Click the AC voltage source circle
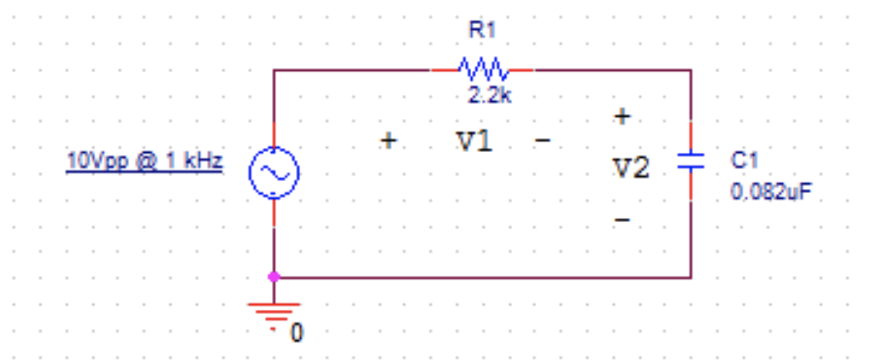[274, 173]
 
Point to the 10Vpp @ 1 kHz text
[144, 162]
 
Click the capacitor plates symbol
[691, 162]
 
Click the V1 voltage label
[474, 141]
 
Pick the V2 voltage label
[632, 169]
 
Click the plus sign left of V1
[388, 141]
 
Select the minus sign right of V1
[543, 141]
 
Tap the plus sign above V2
[622, 117]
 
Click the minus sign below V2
[622, 219]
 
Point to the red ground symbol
[274, 311]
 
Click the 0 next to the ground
[297, 333]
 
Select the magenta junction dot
[274, 277]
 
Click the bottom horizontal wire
[485, 278]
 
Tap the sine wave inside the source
[274, 173]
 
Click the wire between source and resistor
[354, 70]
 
